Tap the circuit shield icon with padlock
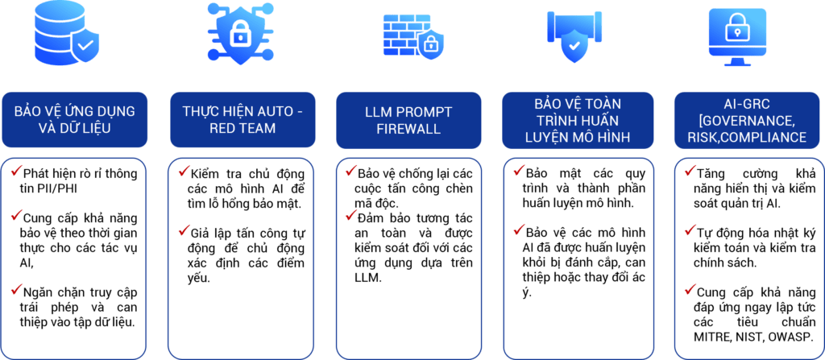(x=240, y=34)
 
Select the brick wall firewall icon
(x=412, y=36)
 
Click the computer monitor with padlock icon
(x=737, y=37)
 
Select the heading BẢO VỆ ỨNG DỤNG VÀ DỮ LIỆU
(x=74, y=119)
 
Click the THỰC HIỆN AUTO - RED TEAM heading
(x=243, y=119)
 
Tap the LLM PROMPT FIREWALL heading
(x=408, y=119)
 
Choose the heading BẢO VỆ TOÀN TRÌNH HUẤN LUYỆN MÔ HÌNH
(x=578, y=119)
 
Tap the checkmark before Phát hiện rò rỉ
(x=16, y=171)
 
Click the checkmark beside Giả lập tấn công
(x=184, y=230)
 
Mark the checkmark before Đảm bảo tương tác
(x=351, y=215)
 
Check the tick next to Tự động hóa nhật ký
(x=690, y=230)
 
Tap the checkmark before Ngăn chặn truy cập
(x=16, y=289)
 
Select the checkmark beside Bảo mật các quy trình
(x=519, y=171)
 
